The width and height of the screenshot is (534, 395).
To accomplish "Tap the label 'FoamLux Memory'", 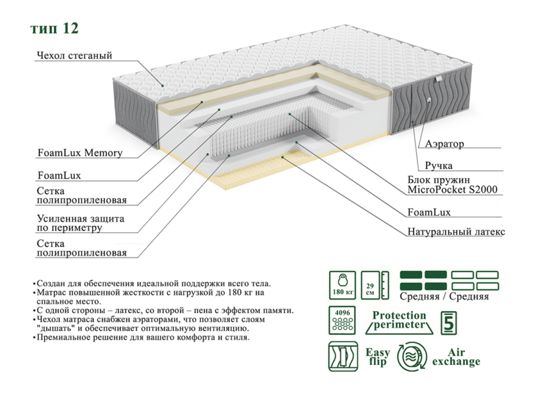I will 79,153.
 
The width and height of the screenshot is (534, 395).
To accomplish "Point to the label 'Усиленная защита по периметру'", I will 81,223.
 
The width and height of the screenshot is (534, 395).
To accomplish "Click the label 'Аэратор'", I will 444,143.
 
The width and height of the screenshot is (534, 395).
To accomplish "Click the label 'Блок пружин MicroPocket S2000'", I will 453,185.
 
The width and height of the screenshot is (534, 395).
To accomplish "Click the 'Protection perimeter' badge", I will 398,320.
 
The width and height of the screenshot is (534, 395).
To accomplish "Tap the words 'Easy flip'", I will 377,356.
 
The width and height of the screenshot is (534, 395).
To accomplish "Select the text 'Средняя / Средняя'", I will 445,296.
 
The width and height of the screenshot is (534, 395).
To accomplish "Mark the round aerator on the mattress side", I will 428,101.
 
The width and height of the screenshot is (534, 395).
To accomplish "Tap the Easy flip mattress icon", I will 342,356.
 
